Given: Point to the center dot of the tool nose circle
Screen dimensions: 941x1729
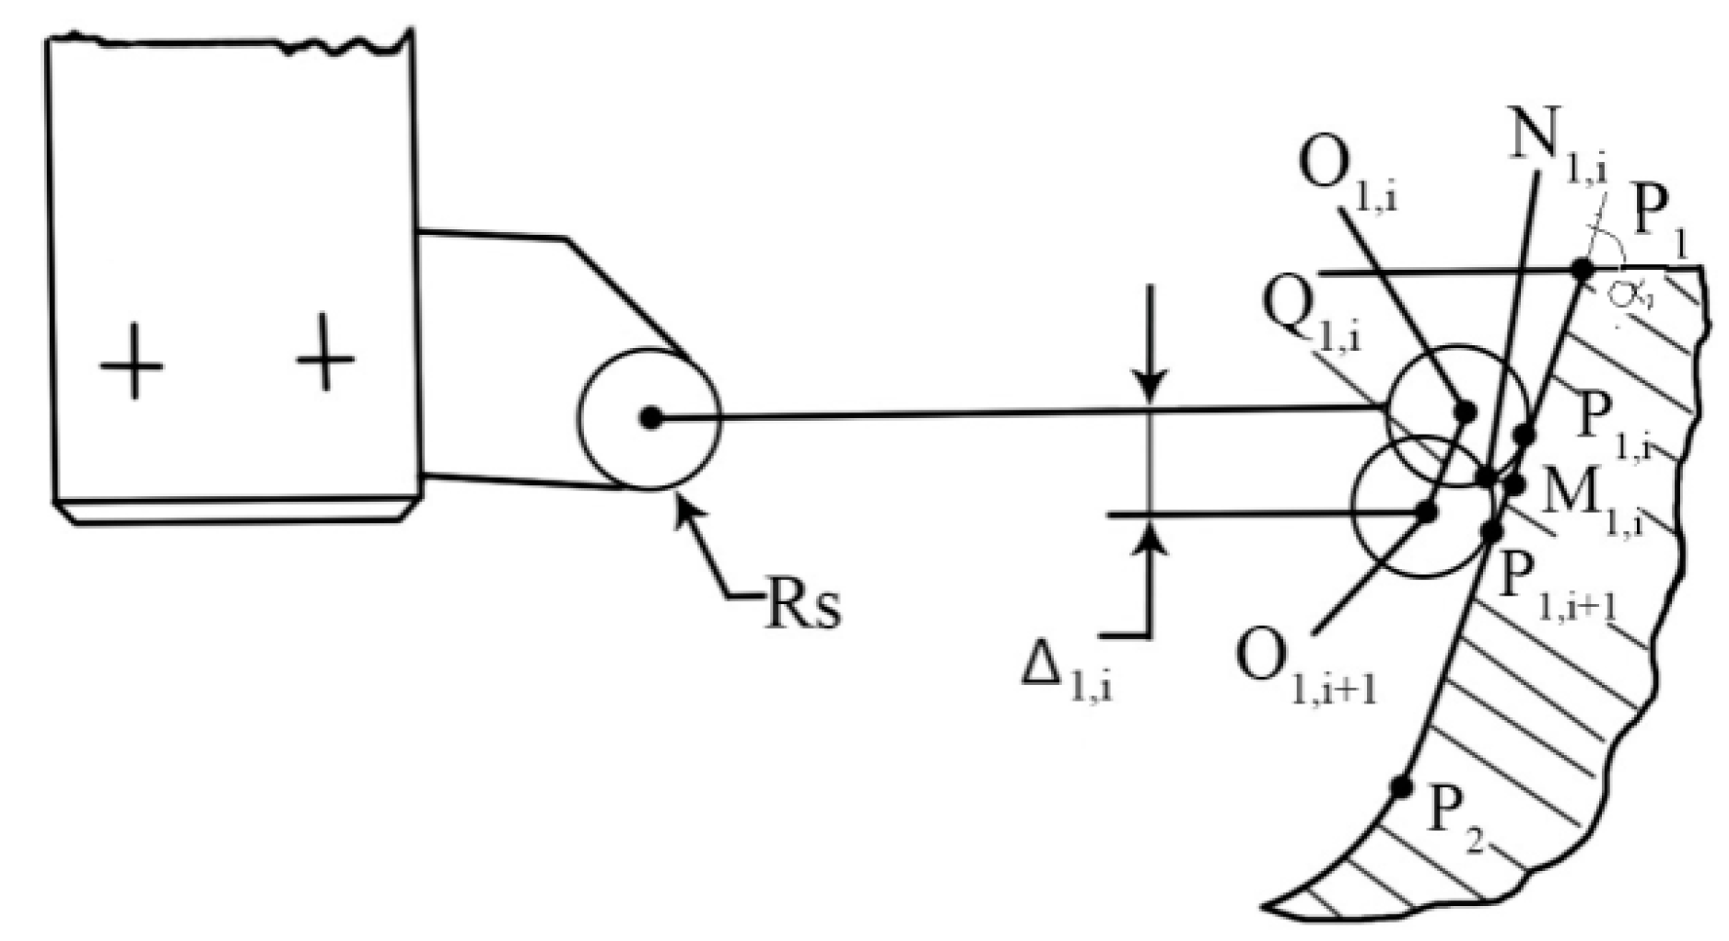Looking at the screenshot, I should point(650,418).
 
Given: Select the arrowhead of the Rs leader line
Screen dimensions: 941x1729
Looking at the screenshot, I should point(682,505).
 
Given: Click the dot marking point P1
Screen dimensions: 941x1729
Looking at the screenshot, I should point(1583,269).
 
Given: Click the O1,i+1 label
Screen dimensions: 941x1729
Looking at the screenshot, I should point(1306,673).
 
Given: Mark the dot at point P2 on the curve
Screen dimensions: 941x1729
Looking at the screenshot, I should point(1401,787).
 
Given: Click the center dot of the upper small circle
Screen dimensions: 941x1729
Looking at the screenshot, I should point(1465,412).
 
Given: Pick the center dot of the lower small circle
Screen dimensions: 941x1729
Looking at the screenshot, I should point(1427,512).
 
